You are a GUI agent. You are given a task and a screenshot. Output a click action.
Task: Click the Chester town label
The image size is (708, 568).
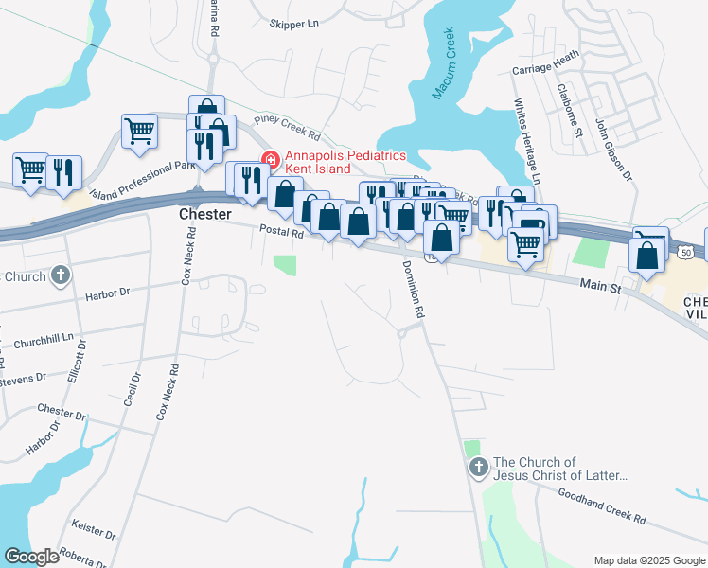(205, 215)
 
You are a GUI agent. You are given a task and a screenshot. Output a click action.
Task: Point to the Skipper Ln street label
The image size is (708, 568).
(294, 23)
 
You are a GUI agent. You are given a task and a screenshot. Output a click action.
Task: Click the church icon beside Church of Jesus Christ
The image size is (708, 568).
(478, 467)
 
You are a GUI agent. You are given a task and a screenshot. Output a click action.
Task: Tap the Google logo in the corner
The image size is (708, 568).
(31, 557)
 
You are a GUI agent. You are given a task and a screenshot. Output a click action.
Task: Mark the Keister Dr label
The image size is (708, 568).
(93, 528)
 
